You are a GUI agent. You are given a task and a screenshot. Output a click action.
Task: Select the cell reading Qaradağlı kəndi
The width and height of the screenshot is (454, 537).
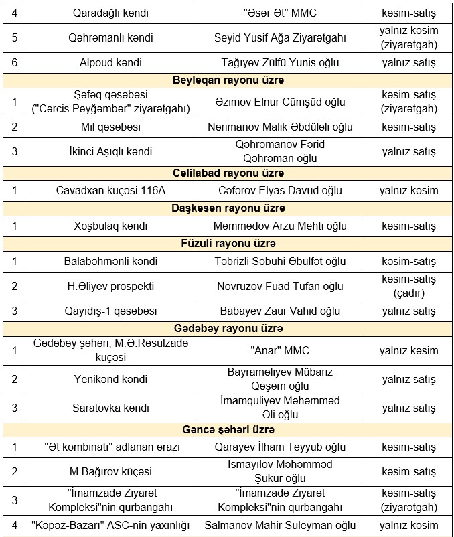(110, 13)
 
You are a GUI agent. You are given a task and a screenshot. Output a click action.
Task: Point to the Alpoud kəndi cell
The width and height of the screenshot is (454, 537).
(110, 63)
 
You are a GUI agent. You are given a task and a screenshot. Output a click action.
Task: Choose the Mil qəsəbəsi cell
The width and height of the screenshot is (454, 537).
(110, 127)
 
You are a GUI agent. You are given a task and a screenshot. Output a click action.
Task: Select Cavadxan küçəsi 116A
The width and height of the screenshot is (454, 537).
(110, 191)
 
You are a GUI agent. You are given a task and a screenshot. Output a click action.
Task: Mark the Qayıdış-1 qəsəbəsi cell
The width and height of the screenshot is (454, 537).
(110, 311)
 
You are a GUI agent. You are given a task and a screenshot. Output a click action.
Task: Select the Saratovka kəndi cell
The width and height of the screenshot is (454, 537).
(110, 408)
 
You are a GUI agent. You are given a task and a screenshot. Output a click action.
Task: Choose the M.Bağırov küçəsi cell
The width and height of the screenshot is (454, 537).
(110, 471)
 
